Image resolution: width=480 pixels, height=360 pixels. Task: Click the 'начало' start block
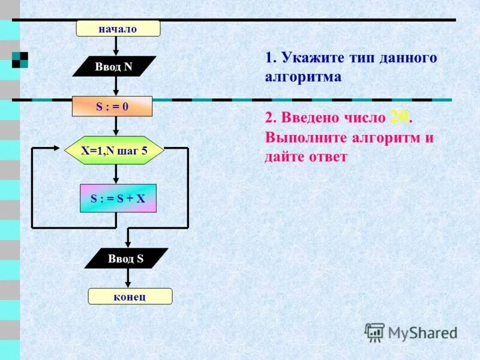coord(118,28)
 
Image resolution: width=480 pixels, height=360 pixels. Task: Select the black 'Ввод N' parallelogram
coord(114,67)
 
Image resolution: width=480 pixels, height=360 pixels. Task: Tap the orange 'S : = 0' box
coord(112,106)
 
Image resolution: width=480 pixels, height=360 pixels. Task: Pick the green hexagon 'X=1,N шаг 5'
coord(114,150)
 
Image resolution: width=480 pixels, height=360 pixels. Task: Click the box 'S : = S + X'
coord(118,198)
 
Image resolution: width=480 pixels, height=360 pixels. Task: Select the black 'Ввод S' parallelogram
coord(126,259)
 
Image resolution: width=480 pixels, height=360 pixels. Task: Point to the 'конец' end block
coord(130,296)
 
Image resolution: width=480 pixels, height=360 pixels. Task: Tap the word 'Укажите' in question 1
coord(312,58)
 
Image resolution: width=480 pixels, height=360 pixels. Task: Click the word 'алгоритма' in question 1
coord(303,77)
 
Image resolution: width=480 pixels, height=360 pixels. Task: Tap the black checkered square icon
coord(20,59)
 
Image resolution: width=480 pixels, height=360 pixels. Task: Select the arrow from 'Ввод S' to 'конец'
coord(127,278)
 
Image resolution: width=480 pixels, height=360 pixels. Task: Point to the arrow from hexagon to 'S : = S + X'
coord(116,175)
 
